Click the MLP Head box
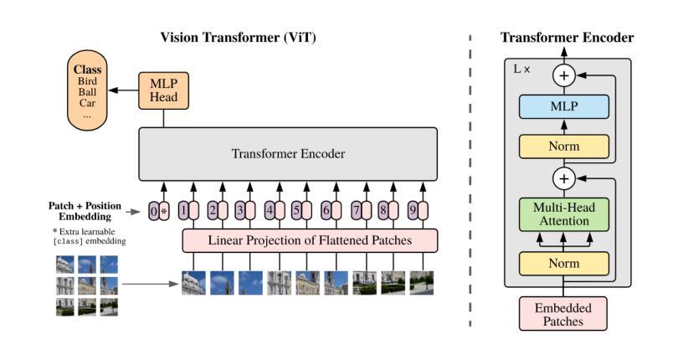click(163, 90)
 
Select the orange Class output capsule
click(87, 90)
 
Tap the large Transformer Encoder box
click(288, 153)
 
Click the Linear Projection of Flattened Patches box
click(310, 240)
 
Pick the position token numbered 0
click(153, 211)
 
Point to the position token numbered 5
click(296, 211)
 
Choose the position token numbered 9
click(413, 211)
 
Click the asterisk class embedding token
click(164, 211)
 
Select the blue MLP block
click(564, 106)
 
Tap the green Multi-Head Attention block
click(564, 214)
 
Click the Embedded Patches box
click(563, 314)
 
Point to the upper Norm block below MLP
click(564, 147)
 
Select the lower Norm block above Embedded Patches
click(564, 264)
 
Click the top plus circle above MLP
click(564, 75)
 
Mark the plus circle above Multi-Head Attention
click(564, 178)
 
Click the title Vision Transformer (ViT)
click(239, 38)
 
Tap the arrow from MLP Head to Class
click(123, 90)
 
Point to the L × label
click(521, 69)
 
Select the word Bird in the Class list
click(87, 81)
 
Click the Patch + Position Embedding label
click(85, 211)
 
